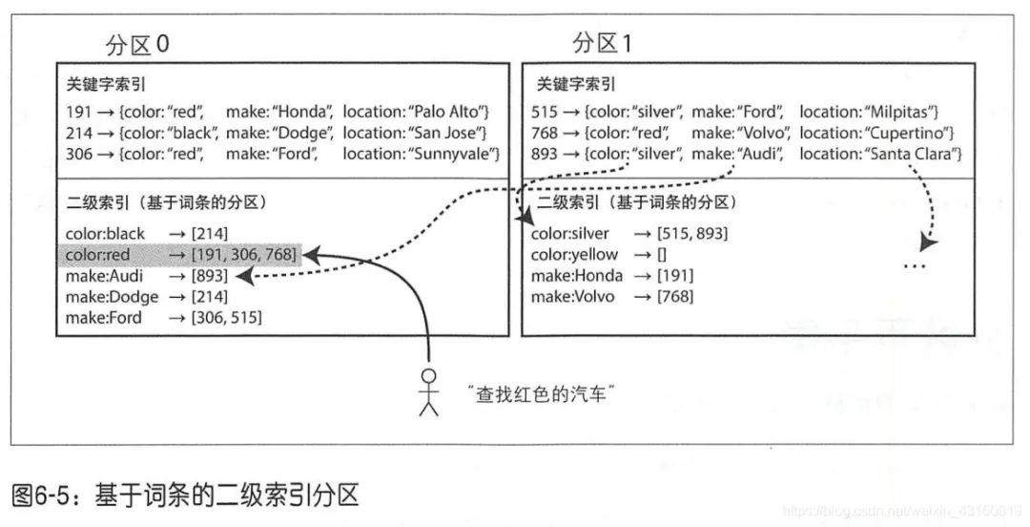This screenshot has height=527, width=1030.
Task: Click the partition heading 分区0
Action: pyautogui.click(x=137, y=44)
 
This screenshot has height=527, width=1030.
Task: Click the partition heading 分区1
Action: pyautogui.click(x=602, y=43)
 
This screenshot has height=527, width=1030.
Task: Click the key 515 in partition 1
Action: pyautogui.click(x=544, y=112)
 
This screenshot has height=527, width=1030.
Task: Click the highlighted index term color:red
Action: pyautogui.click(x=97, y=255)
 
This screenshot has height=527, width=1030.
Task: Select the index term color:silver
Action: pyautogui.click(x=569, y=234)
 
